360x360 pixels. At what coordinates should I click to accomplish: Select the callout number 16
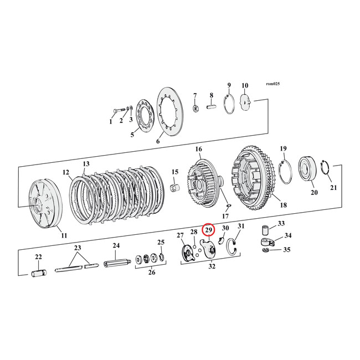coord(198,150)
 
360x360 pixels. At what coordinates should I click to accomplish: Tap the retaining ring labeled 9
coord(229,105)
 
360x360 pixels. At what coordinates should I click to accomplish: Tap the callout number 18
coord(283,205)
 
